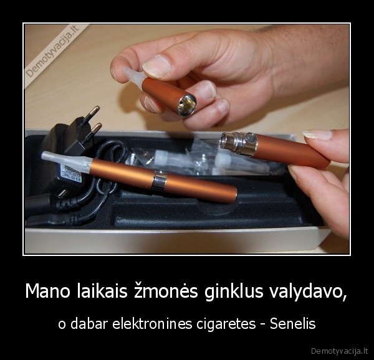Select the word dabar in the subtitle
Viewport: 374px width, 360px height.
[x=93, y=324]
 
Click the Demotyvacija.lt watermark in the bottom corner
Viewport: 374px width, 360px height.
[x=339, y=349]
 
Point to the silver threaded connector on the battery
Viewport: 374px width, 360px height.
[x=239, y=144]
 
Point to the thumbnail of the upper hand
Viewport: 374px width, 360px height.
[x=156, y=65]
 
